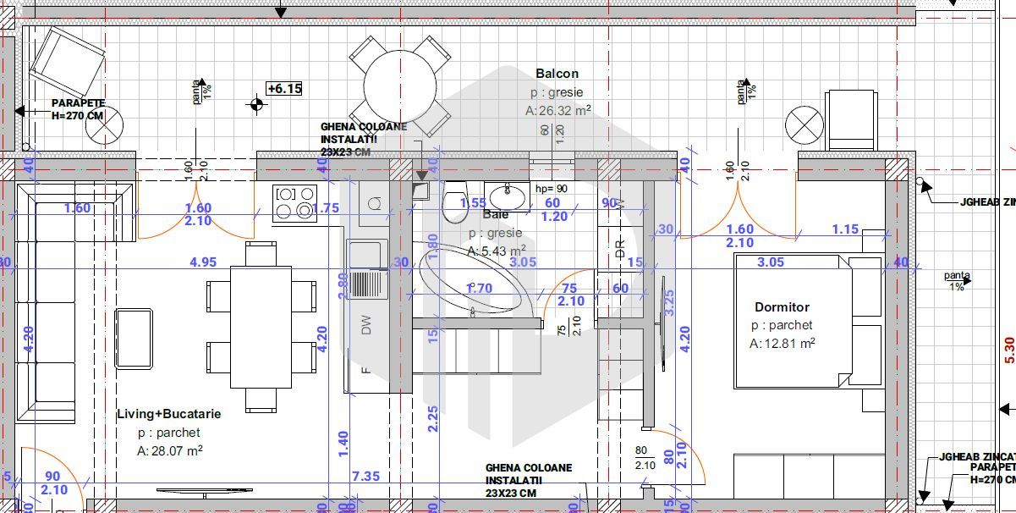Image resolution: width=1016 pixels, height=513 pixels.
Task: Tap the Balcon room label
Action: coord(557,74)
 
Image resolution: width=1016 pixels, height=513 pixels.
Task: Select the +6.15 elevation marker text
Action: coord(284,88)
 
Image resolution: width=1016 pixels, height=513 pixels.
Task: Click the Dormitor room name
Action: coord(782,307)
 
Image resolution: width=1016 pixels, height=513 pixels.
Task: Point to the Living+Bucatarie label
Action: coord(168,414)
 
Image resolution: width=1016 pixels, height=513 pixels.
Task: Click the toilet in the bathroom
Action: coord(454,201)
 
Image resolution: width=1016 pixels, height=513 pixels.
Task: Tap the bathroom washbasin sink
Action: coord(507,196)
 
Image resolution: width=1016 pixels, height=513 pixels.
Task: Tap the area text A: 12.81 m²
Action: coord(782,344)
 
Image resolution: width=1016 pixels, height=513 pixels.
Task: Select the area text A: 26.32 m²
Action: coord(557,110)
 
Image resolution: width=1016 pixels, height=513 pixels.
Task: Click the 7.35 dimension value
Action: coord(365,476)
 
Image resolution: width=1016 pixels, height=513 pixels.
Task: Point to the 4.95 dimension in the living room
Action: coord(203,262)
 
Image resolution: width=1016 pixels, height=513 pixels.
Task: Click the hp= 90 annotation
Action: coord(551,189)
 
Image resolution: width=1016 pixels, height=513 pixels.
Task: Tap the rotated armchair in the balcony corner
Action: coord(68,61)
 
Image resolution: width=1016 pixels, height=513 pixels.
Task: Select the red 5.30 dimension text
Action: coord(1008,349)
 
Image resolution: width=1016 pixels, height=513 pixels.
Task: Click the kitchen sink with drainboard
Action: coord(366,271)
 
